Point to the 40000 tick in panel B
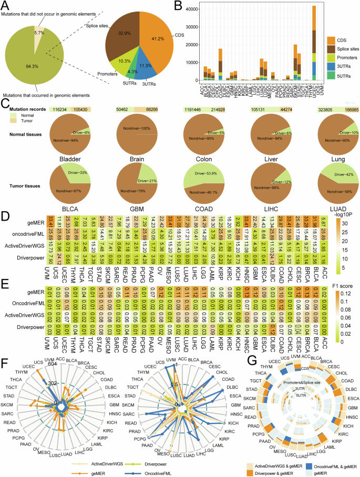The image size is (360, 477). (208, 9)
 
